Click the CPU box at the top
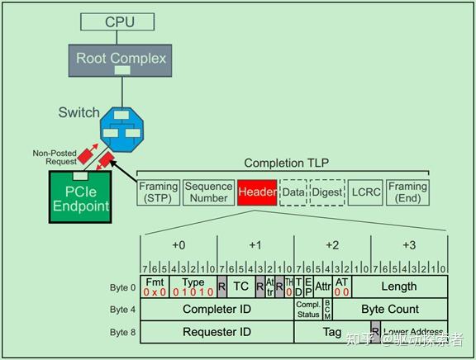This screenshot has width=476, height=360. [x=120, y=21]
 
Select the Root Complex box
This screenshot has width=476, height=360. [x=121, y=59]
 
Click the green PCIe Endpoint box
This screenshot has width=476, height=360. [x=82, y=197]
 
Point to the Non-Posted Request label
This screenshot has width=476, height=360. [x=55, y=157]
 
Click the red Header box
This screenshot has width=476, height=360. [x=257, y=192]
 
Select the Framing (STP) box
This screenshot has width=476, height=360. [x=158, y=192]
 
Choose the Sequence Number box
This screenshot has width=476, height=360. [x=208, y=192]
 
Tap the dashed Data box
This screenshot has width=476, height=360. [x=293, y=192]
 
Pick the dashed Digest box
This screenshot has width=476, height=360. [x=326, y=192]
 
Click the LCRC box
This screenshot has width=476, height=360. [x=364, y=192]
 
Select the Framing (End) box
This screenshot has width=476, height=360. [x=407, y=192]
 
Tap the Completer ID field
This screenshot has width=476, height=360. [x=217, y=309]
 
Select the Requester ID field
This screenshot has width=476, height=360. [x=217, y=331]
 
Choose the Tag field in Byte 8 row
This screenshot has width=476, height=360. [x=331, y=331]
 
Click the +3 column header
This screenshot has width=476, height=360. [x=409, y=245]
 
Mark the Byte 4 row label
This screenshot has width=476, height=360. [x=123, y=310]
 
